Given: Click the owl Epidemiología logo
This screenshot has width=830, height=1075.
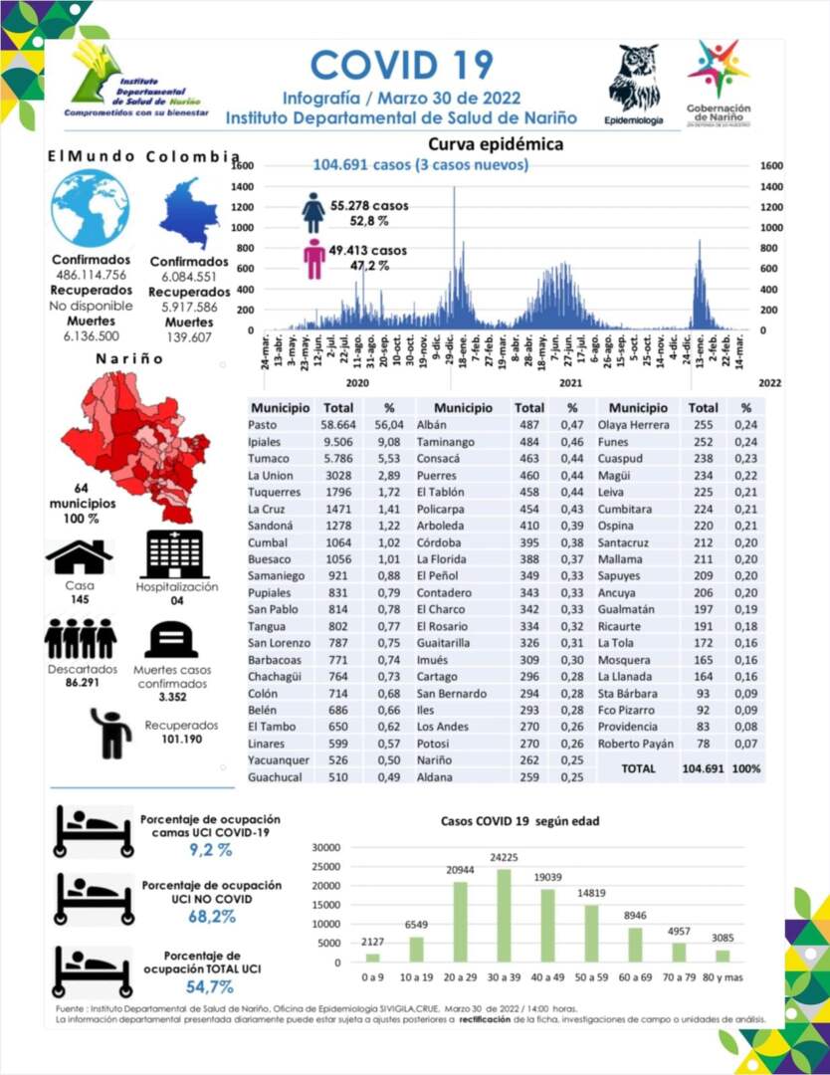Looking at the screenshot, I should (x=633, y=79).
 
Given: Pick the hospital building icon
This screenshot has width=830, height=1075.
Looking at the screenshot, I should (x=174, y=554).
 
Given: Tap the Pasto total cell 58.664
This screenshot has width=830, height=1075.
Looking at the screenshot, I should (x=339, y=425).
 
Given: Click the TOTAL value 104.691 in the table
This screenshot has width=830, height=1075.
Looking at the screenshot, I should (x=703, y=768).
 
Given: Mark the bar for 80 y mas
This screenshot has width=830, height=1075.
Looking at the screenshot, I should (x=723, y=956).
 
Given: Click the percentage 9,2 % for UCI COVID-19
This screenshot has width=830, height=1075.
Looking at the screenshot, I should (x=210, y=850).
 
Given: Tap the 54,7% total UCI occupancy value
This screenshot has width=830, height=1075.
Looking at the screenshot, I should (x=210, y=986).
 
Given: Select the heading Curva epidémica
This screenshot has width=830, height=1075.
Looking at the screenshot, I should (x=495, y=144).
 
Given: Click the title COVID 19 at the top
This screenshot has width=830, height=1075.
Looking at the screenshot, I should (x=402, y=65).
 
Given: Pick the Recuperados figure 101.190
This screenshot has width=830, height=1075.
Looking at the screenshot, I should (x=180, y=741).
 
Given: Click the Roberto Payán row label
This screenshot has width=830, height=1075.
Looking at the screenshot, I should (x=636, y=744).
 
